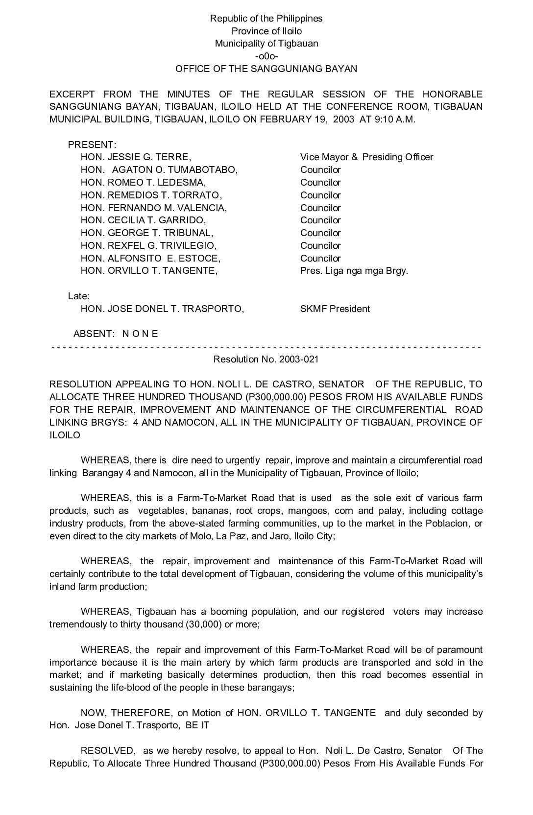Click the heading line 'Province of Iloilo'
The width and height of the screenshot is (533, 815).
[x=266, y=31]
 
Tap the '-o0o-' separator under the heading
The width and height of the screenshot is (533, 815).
[x=266, y=56]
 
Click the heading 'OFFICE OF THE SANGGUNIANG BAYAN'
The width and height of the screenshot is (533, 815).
[x=266, y=69]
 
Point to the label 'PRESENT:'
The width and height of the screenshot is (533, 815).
[x=92, y=145]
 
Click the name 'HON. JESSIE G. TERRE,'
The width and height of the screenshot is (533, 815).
[x=136, y=157]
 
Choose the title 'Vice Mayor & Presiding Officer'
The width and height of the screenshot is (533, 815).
[x=366, y=157]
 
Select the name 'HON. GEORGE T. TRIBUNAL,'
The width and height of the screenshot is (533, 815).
[x=147, y=233]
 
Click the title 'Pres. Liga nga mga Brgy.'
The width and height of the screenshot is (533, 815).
[x=354, y=271]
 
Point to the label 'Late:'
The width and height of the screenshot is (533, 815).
[x=78, y=296]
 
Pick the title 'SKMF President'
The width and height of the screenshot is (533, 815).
[x=335, y=309]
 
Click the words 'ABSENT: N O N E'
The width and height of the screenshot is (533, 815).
[x=116, y=334]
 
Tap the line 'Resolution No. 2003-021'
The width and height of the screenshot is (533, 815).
[x=266, y=360]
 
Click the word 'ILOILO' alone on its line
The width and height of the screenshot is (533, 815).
[x=65, y=435]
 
